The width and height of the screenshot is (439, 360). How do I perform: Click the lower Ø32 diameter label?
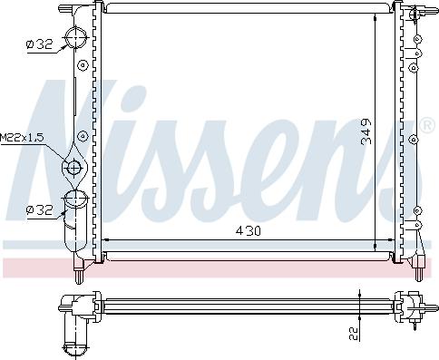39,210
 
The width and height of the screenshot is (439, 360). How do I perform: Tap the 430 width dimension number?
248,232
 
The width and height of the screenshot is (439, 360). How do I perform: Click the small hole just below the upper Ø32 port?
82,66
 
